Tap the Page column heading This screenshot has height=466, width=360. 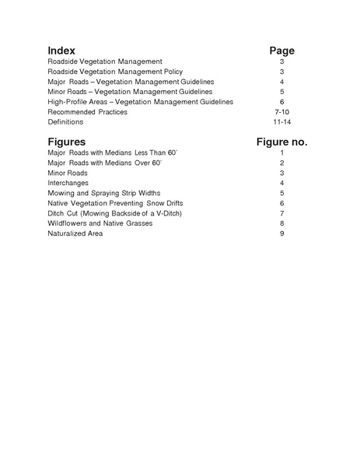coord(281,51)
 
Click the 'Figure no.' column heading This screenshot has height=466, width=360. coord(281,142)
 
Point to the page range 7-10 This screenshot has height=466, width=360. coord(281,112)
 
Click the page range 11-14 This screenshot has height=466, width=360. coord(281,122)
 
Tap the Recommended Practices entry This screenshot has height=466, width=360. coord(87,112)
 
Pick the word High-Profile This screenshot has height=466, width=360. coord(68,102)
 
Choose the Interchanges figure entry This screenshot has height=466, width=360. coord(68,183)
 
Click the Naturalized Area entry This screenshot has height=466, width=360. coord(75,233)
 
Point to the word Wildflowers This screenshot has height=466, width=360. coord(68,223)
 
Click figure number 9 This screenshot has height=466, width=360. coord(281,233)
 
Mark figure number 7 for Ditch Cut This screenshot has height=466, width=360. coord(281,213)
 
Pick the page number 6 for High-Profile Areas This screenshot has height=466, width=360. coord(281,102)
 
